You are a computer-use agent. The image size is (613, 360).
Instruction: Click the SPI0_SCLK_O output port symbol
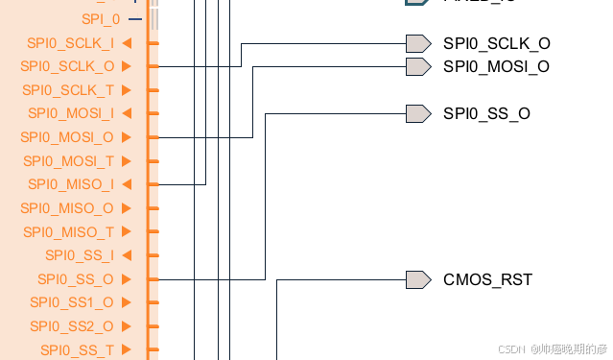tap(417, 43)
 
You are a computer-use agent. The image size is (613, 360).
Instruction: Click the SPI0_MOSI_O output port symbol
tap(417, 66)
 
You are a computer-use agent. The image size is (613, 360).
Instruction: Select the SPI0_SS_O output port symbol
tap(417, 113)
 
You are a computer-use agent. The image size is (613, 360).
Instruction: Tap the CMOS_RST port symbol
tap(417, 279)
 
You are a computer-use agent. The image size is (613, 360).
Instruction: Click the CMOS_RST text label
tap(487, 280)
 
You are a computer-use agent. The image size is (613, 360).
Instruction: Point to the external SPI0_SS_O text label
tap(486, 114)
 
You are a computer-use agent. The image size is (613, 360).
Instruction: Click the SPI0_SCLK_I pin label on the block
tap(68, 43)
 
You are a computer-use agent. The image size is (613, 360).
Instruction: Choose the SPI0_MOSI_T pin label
tap(68, 160)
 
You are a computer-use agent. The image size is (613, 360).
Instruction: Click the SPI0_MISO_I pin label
tap(70, 184)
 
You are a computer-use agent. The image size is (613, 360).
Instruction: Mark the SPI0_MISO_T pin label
tap(68, 231)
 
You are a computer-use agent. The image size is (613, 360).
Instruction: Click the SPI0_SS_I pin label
tap(79, 255)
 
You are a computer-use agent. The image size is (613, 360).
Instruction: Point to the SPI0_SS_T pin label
tap(77, 349)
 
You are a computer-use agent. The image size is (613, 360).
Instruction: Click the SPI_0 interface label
tap(101, 19)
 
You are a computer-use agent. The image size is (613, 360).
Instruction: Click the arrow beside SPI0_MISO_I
tap(127, 184)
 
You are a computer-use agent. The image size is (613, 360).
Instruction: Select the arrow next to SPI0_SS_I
tap(127, 255)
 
